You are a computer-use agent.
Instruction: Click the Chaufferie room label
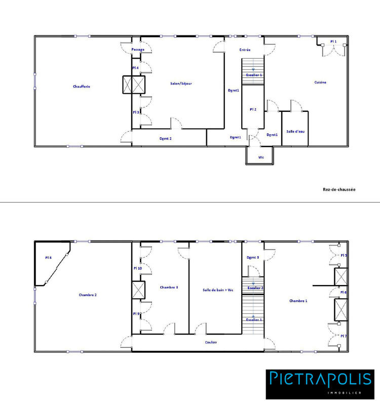coord(81,87)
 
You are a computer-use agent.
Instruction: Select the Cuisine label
coord(320,82)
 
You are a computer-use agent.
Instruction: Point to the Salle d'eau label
coord(294,131)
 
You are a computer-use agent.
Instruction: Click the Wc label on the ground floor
coord(261,157)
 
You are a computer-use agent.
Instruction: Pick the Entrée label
coord(245,50)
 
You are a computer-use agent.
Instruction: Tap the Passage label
coord(138,50)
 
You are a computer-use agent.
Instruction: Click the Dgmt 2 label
coord(166,138)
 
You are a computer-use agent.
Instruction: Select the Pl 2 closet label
coord(253,109)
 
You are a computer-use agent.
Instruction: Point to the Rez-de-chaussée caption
coord(339,189)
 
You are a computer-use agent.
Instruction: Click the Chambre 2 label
coord(88,295)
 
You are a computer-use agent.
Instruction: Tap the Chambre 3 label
coord(169,288)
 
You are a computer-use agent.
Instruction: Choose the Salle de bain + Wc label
coord(215,290)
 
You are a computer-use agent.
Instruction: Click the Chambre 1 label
coord(298,301)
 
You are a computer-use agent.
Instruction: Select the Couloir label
coord(211,342)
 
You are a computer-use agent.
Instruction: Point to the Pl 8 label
coord(48,258)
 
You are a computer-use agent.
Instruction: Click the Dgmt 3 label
coord(253,258)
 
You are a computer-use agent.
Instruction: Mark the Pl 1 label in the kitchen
coord(333,42)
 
